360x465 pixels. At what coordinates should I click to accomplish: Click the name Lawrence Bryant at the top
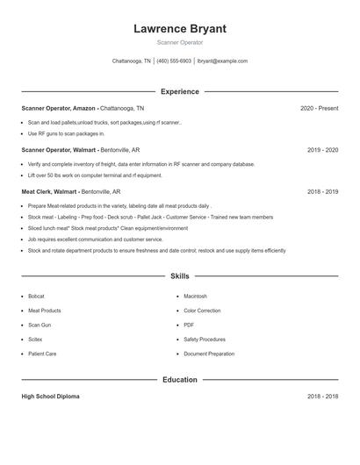(179, 29)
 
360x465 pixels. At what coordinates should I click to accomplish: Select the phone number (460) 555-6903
(174, 61)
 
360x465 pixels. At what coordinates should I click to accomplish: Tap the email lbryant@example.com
(222, 61)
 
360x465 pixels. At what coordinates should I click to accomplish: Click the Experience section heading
(179, 91)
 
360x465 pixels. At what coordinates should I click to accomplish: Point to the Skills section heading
(179, 276)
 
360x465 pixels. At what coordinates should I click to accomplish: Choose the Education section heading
(179, 380)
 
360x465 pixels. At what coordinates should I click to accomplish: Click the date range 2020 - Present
(319, 108)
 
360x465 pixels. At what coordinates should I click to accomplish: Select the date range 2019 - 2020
(322, 150)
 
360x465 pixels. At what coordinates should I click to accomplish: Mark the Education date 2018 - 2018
(322, 397)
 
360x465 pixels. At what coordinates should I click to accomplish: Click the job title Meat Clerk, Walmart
(49, 191)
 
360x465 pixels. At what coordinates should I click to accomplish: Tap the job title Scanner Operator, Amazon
(59, 108)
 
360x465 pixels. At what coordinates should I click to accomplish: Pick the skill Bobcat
(36, 297)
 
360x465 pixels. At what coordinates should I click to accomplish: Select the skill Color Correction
(202, 311)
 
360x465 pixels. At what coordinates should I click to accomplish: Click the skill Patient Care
(42, 354)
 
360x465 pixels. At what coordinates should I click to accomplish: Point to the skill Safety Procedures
(205, 340)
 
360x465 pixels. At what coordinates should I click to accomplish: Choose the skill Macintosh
(195, 297)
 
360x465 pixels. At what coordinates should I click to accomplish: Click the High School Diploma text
(50, 397)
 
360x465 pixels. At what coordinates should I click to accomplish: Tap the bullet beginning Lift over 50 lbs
(95, 175)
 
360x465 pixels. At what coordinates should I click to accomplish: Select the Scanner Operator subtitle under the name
(179, 42)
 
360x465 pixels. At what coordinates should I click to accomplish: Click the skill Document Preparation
(209, 354)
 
